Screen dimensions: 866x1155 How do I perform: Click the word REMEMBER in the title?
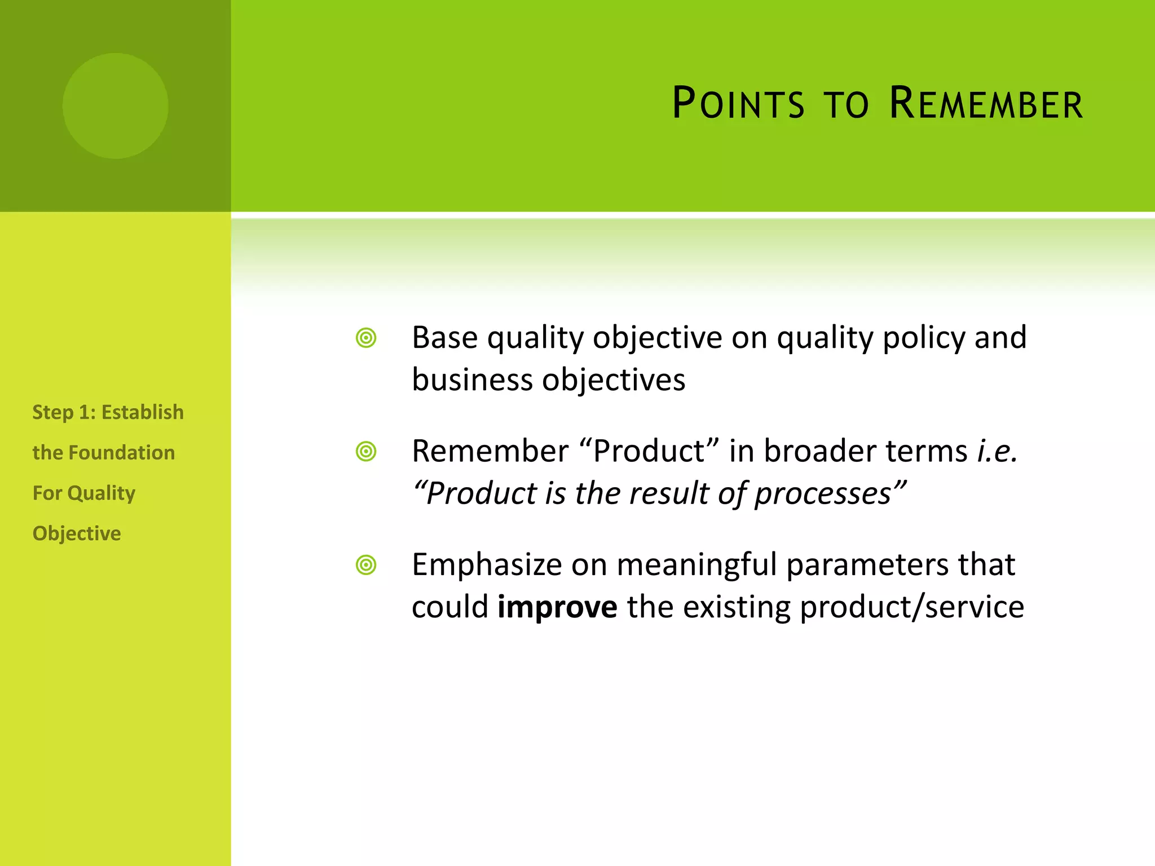986,104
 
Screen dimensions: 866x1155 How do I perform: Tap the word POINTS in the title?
738,104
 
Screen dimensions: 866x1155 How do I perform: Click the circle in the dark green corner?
115,105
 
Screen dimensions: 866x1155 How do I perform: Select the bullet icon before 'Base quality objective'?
366,338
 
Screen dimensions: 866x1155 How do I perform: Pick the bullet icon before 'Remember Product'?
366,452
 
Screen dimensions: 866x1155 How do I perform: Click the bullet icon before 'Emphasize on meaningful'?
366,565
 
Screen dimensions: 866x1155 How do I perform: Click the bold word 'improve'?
557,607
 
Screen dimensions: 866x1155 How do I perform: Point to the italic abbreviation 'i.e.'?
997,451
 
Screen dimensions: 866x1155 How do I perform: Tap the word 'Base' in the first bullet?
445,338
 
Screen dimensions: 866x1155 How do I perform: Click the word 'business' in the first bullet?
472,380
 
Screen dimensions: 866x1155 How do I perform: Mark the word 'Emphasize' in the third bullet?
487,565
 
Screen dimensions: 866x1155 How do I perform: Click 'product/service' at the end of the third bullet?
911,608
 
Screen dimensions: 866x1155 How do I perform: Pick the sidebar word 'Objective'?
77,534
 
